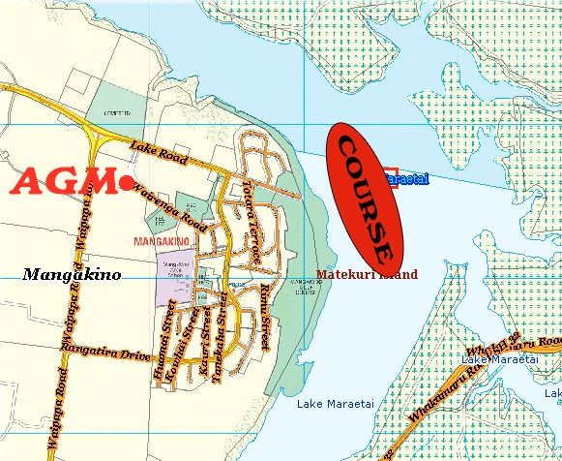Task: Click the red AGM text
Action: pos(63,181)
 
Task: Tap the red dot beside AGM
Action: pos(127,181)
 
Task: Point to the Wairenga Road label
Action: pos(171,204)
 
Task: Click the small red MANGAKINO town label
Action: pos(160,238)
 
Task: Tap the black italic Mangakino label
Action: pos(72,274)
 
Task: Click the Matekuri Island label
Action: pos(368,275)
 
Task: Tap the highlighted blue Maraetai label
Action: pos(407,179)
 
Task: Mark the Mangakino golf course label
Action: pos(300,288)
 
